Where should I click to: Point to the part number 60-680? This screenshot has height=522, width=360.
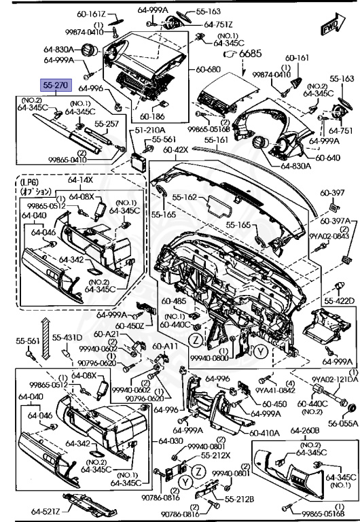tap(209, 69)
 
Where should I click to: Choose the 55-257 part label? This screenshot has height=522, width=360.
tap(106, 124)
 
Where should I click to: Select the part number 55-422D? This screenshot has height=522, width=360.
tap(340, 300)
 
